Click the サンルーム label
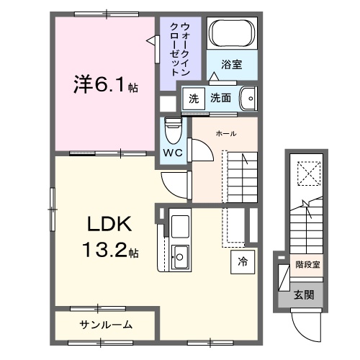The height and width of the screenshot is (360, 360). (x=104, y=325)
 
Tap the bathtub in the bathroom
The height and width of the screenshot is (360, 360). (x=230, y=33)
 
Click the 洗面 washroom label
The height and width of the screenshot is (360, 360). (x=221, y=97)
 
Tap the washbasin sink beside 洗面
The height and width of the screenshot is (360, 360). (x=247, y=97)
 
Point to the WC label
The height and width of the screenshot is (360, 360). (x=172, y=153)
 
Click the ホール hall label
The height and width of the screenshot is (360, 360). (x=226, y=134)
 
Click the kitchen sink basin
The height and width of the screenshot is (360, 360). (x=179, y=254)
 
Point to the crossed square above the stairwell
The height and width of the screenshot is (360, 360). (x=308, y=174)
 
